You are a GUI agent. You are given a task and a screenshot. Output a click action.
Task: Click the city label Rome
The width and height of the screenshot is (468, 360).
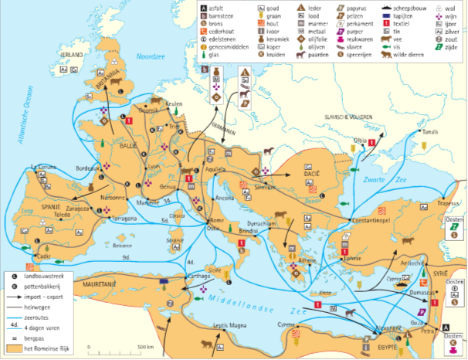pos(209,222)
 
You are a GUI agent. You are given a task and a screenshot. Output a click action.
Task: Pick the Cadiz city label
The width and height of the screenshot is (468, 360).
pos(43,256)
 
